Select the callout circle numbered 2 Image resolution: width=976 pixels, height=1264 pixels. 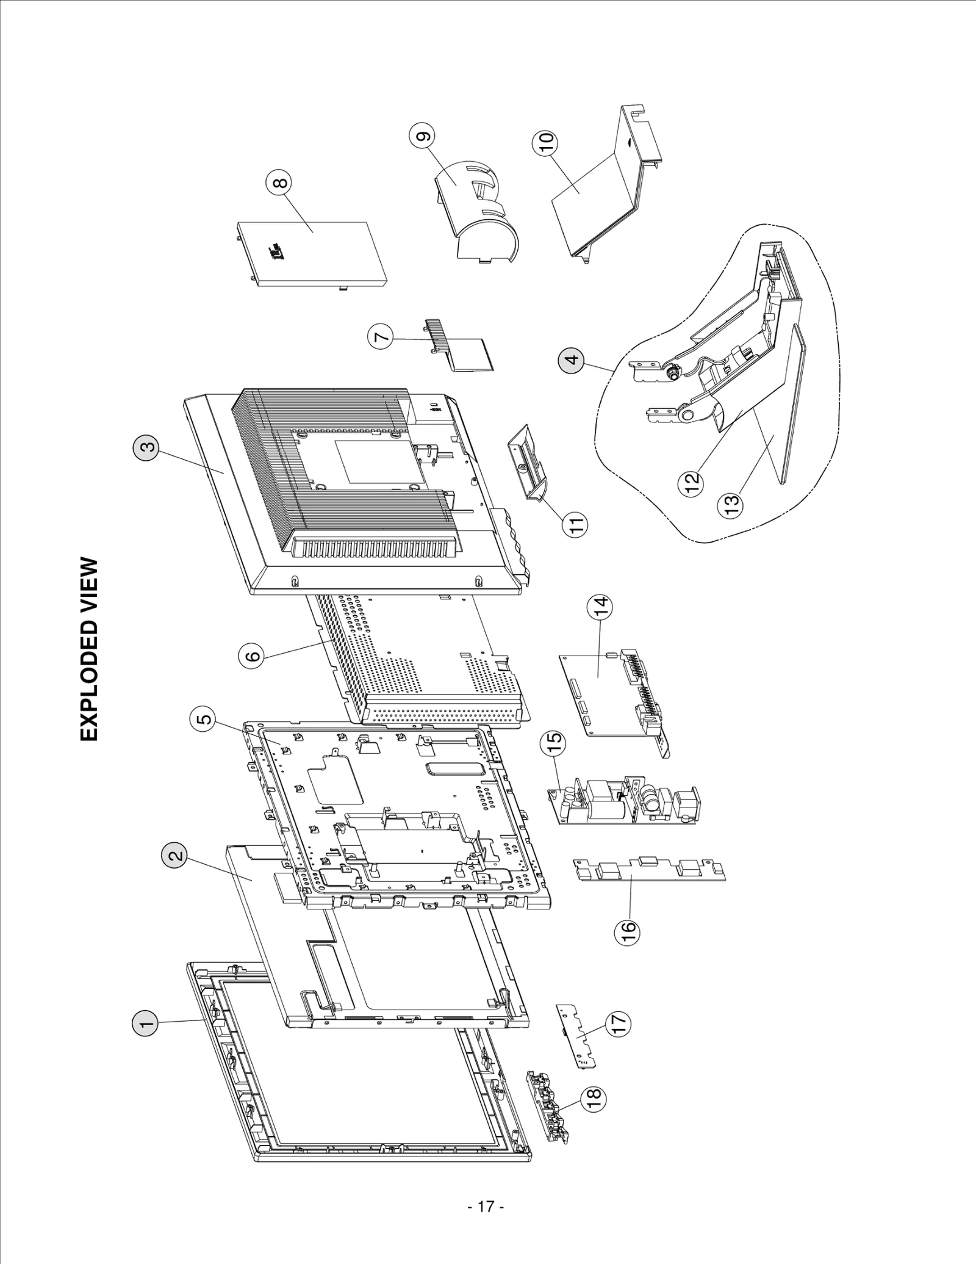[x=174, y=855]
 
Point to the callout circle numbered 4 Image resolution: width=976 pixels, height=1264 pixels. [x=571, y=359]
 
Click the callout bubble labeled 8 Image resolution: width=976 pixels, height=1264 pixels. [x=278, y=182]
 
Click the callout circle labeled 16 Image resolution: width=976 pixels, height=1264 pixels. [x=628, y=930]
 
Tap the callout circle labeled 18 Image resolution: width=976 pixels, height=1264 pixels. [x=594, y=1098]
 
